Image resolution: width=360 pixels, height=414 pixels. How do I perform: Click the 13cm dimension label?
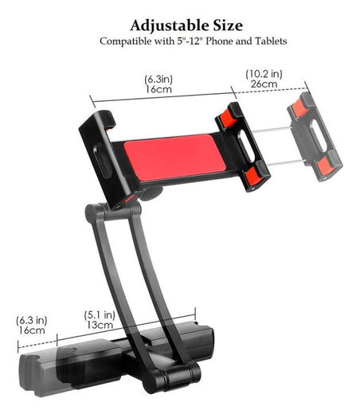point(100,325)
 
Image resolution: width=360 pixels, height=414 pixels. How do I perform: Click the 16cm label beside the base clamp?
point(31,330)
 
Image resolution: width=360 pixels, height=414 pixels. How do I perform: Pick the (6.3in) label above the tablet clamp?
point(160,79)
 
